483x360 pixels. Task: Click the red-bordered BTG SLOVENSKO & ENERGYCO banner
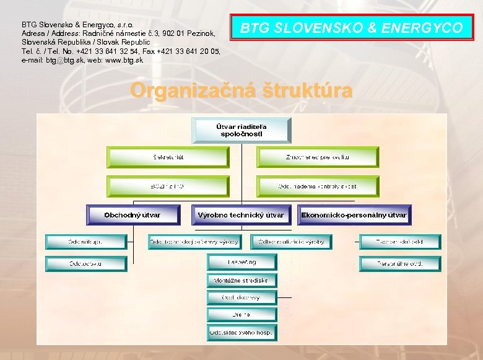click(351, 28)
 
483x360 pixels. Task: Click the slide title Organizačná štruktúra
click(241, 90)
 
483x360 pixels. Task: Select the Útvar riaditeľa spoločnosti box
click(243, 130)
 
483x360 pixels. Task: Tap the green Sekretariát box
click(168, 157)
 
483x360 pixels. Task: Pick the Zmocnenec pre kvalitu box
click(317, 157)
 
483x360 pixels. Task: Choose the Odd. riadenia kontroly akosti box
click(317, 186)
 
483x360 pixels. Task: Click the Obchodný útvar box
click(133, 215)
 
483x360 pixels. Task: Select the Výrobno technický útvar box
click(241, 215)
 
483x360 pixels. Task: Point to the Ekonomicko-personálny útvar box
click(354, 215)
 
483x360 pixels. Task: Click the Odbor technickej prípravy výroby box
click(194, 242)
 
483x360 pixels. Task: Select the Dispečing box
click(241, 262)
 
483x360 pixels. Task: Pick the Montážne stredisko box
click(241, 280)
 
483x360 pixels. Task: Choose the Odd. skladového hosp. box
click(241, 333)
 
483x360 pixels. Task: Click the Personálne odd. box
click(401, 263)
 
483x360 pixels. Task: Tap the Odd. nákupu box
click(85, 242)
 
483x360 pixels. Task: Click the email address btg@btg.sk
click(64, 60)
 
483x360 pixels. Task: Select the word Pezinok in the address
click(199, 33)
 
